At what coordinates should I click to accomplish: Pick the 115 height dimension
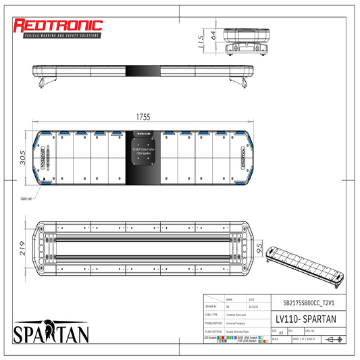[200, 42]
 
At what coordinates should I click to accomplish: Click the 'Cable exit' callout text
[27, 199]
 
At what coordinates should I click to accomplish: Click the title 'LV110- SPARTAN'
[304, 319]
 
